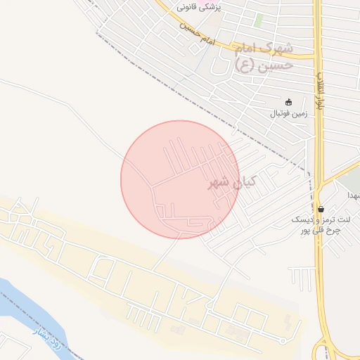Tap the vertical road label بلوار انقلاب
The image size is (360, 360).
321,89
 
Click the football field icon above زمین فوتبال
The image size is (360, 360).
288,101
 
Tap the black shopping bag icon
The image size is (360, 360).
321,208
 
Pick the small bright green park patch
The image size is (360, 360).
259,20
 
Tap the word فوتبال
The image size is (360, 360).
277,112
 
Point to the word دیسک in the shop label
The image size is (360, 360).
310,219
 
